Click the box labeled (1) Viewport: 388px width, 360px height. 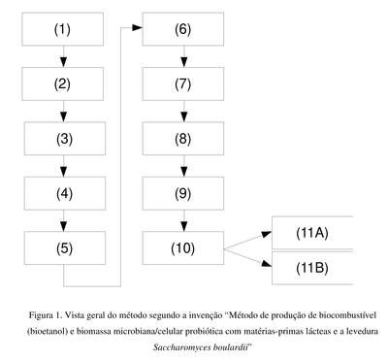click(x=63, y=29)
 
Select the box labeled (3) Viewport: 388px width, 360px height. click(x=65, y=139)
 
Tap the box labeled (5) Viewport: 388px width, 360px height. click(x=65, y=248)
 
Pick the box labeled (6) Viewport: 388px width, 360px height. click(x=183, y=29)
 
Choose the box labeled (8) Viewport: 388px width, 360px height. click(x=183, y=139)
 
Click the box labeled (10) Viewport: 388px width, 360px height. click(x=183, y=248)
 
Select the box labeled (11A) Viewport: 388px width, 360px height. click(x=312, y=233)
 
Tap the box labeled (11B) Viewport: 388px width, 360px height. click(x=312, y=268)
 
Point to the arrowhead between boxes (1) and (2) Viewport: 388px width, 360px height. click(x=64, y=62)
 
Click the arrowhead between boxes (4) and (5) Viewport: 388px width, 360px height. click(x=64, y=226)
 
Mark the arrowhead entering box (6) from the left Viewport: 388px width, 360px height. click(x=138, y=28)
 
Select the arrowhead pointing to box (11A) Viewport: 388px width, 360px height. click(x=267, y=234)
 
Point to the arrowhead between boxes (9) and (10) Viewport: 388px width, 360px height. click(x=184, y=226)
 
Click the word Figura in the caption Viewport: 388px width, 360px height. click(x=41, y=315)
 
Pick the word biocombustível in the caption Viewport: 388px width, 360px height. click(x=347, y=315)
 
